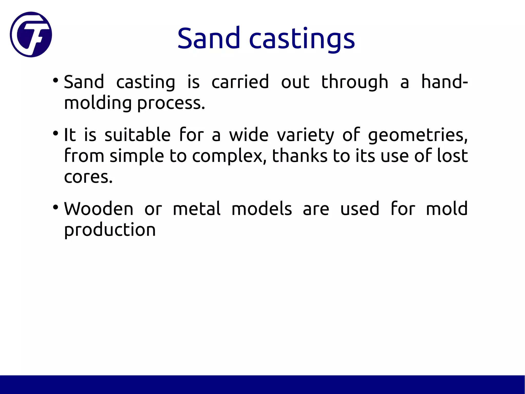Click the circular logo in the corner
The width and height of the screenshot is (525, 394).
pyautogui.click(x=31, y=34)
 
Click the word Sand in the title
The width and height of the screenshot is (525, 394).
pyautogui.click(x=208, y=39)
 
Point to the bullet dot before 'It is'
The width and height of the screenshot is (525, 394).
pyautogui.click(x=55, y=133)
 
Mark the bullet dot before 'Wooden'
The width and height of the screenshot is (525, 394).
pyautogui.click(x=55, y=207)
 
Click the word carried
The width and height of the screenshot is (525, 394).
pyautogui.click(x=240, y=82)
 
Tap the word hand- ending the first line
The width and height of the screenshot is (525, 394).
pyautogui.click(x=445, y=82)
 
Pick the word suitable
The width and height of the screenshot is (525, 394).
pyautogui.click(x=137, y=135)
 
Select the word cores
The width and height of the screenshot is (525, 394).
pyautogui.click(x=88, y=177)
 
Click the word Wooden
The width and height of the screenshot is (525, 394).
pyautogui.click(x=99, y=209)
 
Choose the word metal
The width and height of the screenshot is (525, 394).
pyautogui.click(x=196, y=209)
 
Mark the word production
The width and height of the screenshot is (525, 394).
pyautogui.click(x=110, y=230)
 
